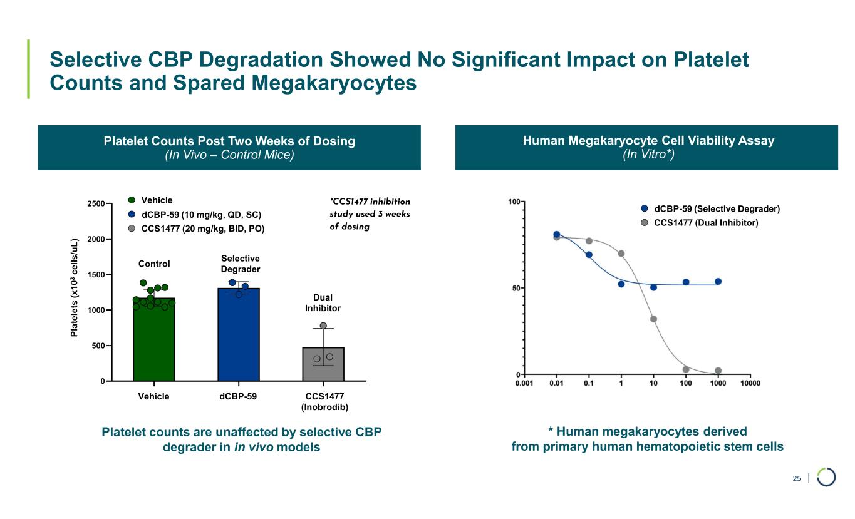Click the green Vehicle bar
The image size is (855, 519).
click(x=153, y=341)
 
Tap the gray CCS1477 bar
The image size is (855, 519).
click(x=323, y=364)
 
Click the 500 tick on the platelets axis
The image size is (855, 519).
click(x=96, y=346)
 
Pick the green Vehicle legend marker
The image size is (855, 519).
click(x=132, y=200)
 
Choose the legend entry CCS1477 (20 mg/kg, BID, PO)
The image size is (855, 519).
click(x=203, y=229)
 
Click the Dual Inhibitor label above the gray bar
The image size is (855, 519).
click(x=323, y=303)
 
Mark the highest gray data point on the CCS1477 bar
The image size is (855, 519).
click(x=323, y=326)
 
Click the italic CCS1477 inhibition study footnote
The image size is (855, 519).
click(x=370, y=214)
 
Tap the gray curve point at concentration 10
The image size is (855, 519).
click(x=653, y=319)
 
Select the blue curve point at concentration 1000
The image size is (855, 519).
click(x=718, y=282)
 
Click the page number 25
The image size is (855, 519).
click(x=797, y=479)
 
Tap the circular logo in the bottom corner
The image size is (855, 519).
click(x=826, y=477)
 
